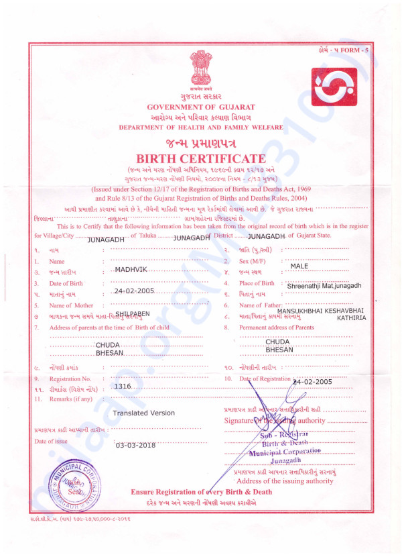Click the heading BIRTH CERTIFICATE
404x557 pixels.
click(x=201, y=158)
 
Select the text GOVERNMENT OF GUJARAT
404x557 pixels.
click(x=201, y=107)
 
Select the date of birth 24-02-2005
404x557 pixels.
click(x=135, y=291)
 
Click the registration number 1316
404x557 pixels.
click(x=123, y=387)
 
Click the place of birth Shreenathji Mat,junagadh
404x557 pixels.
click(x=324, y=285)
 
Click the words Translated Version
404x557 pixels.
click(x=143, y=413)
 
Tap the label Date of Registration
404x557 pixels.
click(x=265, y=380)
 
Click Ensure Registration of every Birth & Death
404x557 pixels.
click(x=201, y=492)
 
